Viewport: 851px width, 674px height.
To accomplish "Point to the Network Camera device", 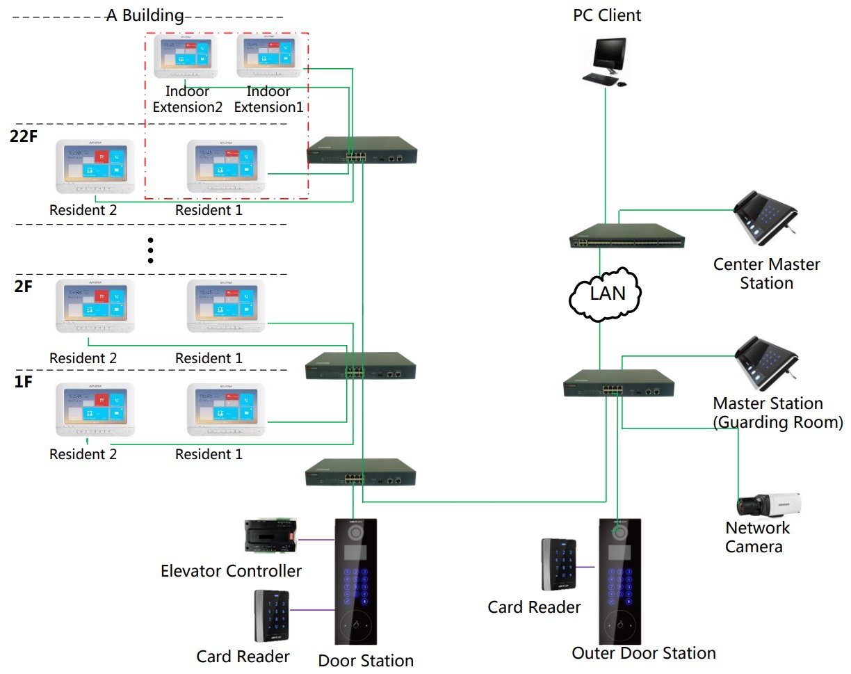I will (769, 504).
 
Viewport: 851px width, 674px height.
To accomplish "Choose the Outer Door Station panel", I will (620, 581).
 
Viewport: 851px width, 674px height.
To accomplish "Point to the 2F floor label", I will (23, 287).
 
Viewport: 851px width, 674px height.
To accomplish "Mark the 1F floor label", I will (23, 382).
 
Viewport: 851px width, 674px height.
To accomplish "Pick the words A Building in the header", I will (145, 15).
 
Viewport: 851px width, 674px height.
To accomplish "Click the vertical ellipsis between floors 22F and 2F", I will (149, 250).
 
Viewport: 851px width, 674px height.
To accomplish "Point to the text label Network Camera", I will (757, 537).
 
